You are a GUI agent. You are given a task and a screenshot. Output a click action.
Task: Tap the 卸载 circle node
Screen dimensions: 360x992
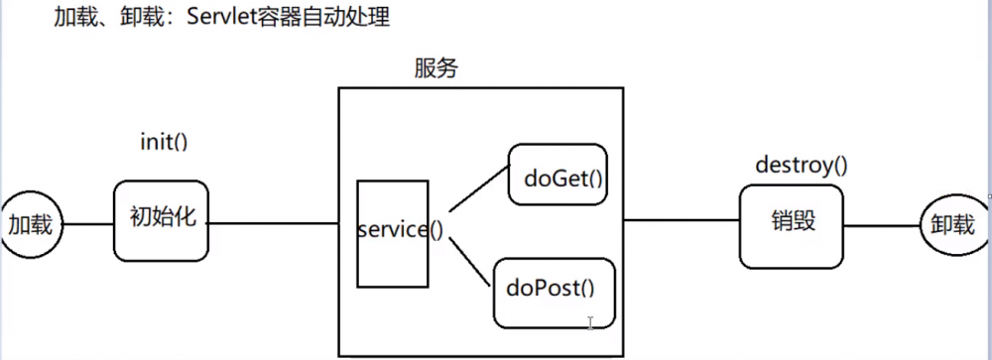click(952, 224)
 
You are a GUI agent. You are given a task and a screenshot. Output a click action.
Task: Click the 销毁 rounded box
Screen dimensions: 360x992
click(790, 223)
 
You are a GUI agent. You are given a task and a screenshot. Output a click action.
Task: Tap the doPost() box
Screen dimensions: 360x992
click(554, 290)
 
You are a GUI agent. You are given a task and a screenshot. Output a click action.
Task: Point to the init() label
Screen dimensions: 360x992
click(164, 141)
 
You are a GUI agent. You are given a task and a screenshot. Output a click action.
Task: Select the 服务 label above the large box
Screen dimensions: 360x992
click(436, 68)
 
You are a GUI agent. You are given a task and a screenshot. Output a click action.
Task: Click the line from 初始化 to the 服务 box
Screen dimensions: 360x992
click(273, 223)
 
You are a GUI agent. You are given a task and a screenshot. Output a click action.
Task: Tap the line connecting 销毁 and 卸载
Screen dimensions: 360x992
click(881, 225)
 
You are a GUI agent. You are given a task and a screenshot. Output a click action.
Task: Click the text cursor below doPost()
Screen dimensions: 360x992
click(590, 323)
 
